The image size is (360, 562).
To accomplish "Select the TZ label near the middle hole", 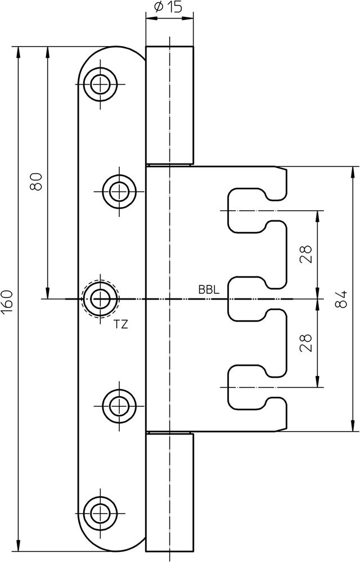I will tap(120, 324).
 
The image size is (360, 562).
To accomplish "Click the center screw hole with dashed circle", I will tap(101, 298).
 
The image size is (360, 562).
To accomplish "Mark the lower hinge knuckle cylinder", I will tap(169, 491).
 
